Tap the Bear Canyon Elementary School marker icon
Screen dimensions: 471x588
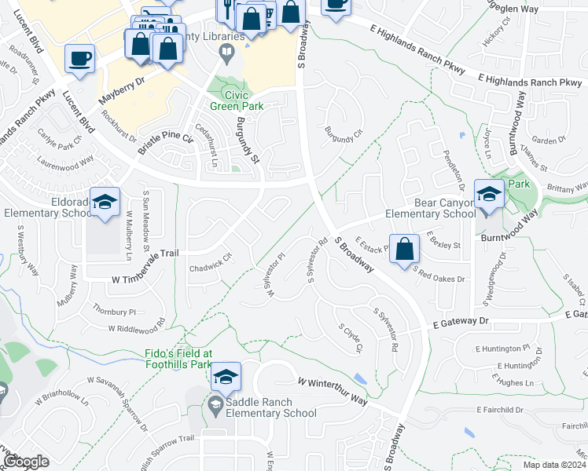click(x=489, y=193)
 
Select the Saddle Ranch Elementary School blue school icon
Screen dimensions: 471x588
click(x=226, y=378)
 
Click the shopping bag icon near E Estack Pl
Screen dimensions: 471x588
click(x=403, y=248)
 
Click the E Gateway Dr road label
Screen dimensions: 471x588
click(x=461, y=322)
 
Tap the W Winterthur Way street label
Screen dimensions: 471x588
click(x=333, y=381)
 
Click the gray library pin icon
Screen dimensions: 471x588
click(x=227, y=53)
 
